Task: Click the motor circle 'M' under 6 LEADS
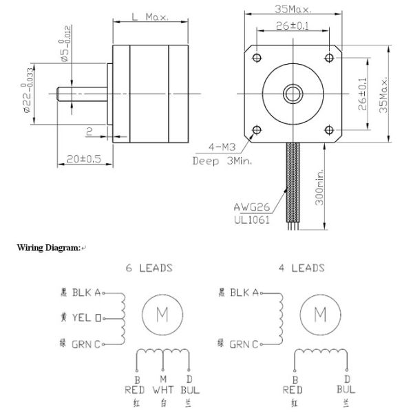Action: click(x=162, y=315)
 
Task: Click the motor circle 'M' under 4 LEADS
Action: click(x=319, y=315)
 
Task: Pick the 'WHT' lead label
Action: click(x=162, y=389)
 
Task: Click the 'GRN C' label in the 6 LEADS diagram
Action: click(x=87, y=343)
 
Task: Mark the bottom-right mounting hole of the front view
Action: click(x=328, y=129)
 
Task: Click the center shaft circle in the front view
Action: click(x=293, y=92)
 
